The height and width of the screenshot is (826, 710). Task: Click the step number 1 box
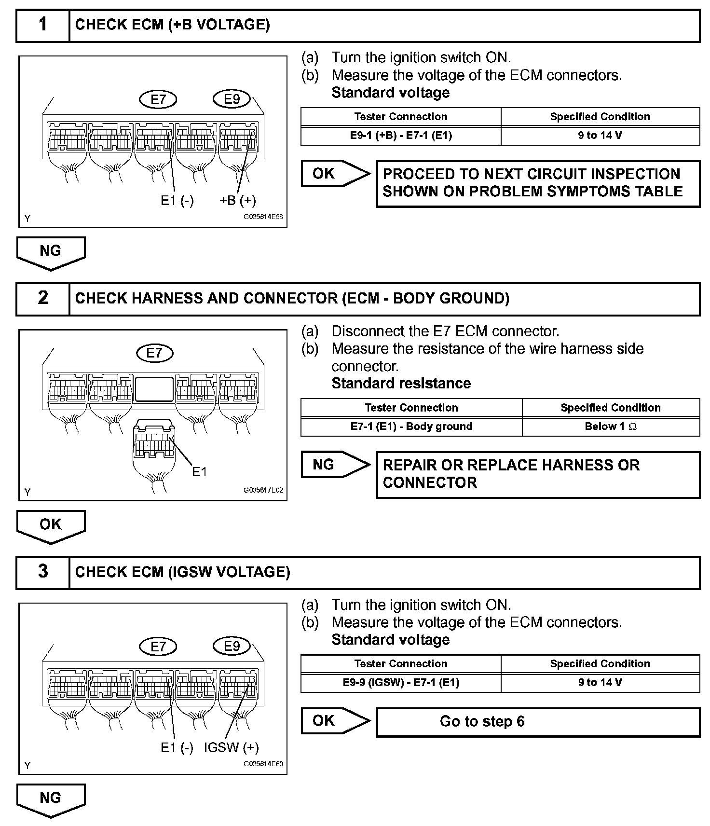tap(43, 25)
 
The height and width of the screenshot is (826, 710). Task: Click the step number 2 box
tap(43, 298)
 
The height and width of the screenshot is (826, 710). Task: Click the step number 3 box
tap(43, 572)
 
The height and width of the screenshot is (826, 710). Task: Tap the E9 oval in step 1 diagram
tap(232, 99)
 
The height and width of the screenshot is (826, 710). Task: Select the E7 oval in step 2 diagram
tap(154, 353)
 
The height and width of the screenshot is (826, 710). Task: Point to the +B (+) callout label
tap(238, 201)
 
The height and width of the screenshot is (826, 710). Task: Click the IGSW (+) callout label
tap(232, 748)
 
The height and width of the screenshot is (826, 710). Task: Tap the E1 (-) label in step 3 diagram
tap(177, 748)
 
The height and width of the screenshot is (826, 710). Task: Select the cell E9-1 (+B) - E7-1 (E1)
tap(401, 136)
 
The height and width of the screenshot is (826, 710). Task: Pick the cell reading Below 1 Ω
tap(611, 427)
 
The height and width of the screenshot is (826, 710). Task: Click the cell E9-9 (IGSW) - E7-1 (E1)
tap(401, 683)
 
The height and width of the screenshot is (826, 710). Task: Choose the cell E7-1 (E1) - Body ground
tap(411, 427)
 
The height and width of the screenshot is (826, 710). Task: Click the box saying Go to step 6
tap(538, 722)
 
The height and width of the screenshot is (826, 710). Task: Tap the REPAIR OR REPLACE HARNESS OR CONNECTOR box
tap(538, 474)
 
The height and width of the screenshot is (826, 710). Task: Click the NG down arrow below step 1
tap(51, 252)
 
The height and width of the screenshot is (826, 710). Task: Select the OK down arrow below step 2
tap(51, 525)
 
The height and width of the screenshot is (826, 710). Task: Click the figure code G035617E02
tap(263, 490)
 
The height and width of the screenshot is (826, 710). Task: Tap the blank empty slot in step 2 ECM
tap(154, 389)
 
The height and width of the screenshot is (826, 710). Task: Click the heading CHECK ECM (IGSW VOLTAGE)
tap(183, 572)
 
